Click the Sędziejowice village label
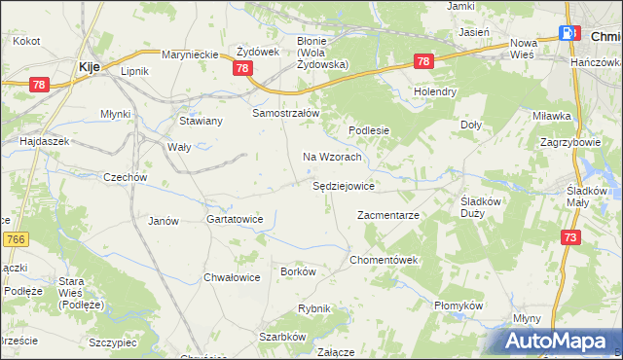tap(345, 185)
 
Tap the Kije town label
tap(87, 67)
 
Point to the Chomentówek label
tap(385, 261)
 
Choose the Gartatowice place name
tap(235, 220)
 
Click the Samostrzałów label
tap(286, 113)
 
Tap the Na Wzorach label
tap(333, 157)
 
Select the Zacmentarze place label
tap(387, 215)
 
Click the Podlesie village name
tap(370, 130)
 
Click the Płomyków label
tap(458, 306)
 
